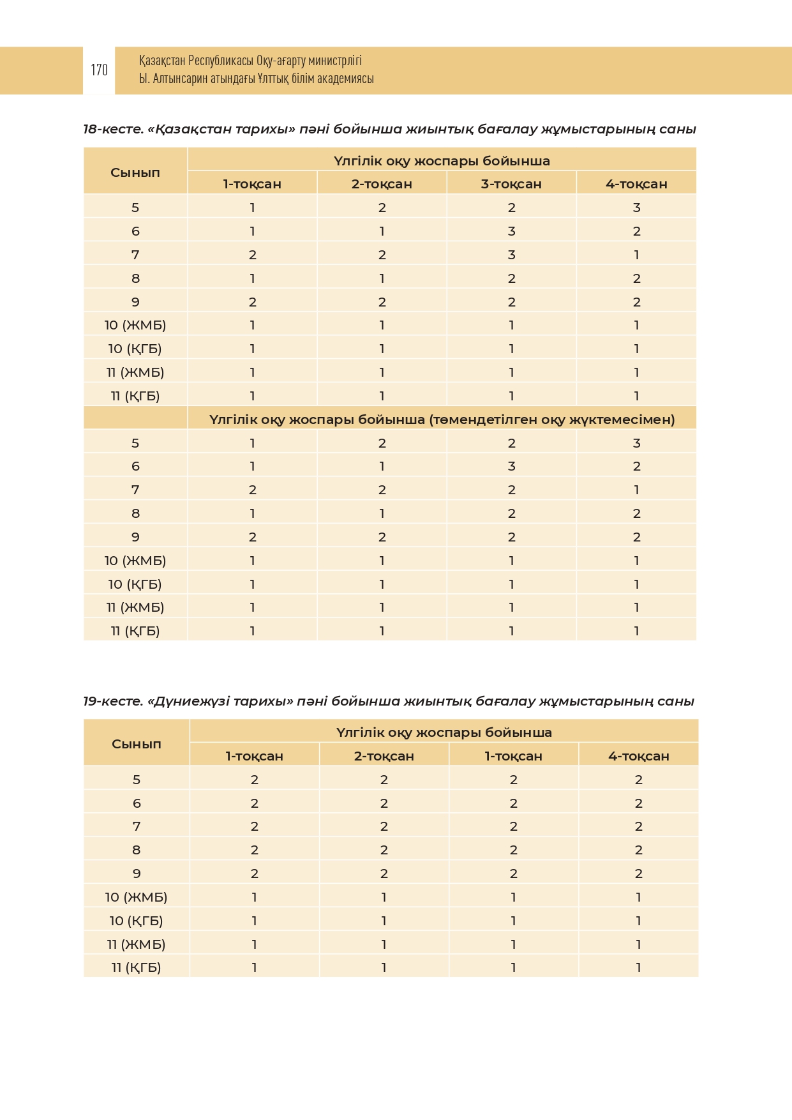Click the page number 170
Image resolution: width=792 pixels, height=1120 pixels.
click(x=99, y=70)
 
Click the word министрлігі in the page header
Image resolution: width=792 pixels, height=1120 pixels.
click(x=335, y=61)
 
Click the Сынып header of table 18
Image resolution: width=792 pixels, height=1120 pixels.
click(x=135, y=172)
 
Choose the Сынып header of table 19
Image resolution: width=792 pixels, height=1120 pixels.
click(x=137, y=744)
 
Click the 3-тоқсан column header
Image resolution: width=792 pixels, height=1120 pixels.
click(x=511, y=184)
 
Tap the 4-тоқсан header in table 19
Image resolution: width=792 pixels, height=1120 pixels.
click(x=638, y=756)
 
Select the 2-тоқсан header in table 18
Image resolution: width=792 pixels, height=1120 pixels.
click(x=382, y=184)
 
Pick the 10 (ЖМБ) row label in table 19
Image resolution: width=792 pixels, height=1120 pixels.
click(x=136, y=897)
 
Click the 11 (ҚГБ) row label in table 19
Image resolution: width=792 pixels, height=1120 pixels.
click(x=136, y=967)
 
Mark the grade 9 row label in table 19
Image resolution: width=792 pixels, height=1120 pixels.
click(x=137, y=874)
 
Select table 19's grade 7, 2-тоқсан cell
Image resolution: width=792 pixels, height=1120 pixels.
click(x=384, y=826)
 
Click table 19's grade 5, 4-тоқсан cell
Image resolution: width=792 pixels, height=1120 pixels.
click(x=638, y=780)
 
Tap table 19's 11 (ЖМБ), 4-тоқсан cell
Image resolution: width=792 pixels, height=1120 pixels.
click(x=638, y=944)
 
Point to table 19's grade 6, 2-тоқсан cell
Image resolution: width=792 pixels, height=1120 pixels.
click(x=384, y=803)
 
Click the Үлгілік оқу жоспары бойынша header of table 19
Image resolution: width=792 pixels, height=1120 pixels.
click(x=444, y=732)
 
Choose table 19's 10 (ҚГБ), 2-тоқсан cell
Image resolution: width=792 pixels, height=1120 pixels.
click(x=384, y=921)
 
